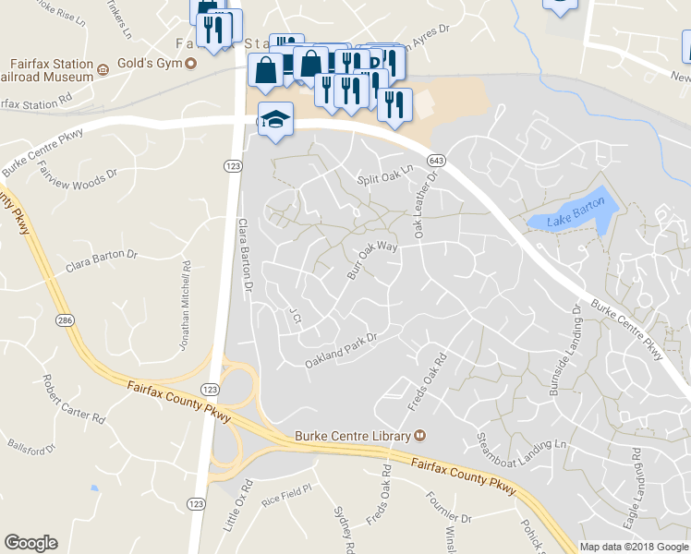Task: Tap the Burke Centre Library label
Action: click(353, 435)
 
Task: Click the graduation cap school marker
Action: click(275, 121)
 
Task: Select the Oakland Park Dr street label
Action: click(343, 350)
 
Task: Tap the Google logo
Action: click(30, 543)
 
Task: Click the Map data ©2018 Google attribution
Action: click(634, 547)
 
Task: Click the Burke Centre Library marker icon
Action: click(420, 435)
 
